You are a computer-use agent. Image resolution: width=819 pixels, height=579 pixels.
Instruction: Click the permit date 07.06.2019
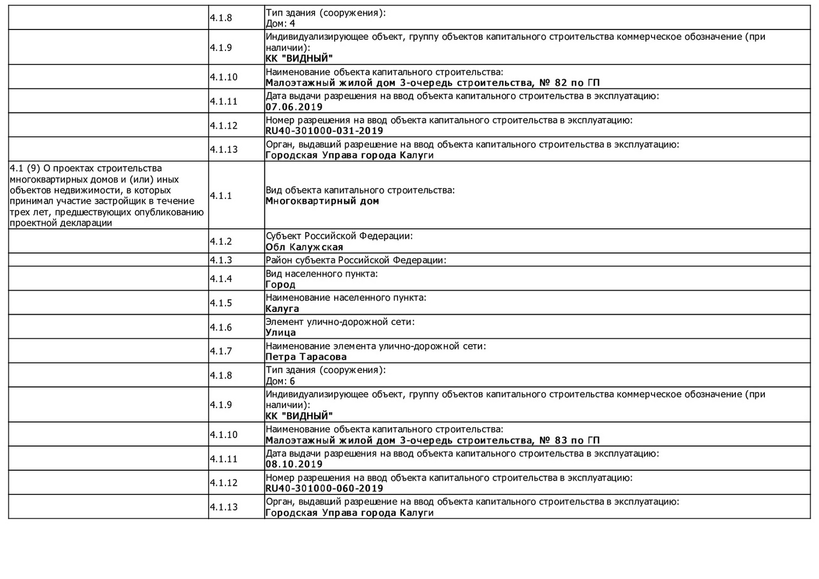(294, 107)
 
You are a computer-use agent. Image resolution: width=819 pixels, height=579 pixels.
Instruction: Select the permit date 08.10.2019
(294, 464)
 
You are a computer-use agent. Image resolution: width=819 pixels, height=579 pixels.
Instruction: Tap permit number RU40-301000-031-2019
(324, 131)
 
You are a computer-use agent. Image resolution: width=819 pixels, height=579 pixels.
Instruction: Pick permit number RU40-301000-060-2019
(324, 488)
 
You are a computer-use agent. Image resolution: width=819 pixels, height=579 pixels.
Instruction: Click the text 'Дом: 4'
(280, 23)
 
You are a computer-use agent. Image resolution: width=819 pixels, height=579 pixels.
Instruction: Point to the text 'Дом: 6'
(280, 381)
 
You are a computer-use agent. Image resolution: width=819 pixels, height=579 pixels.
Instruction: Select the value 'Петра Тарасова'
(306, 357)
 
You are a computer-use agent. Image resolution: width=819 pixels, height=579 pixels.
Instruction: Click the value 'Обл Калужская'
(304, 247)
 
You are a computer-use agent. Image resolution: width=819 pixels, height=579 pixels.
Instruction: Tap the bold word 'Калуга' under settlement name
(282, 309)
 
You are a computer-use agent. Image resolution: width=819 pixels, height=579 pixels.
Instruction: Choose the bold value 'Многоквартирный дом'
(322, 201)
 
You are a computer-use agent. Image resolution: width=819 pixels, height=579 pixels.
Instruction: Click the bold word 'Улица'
(281, 333)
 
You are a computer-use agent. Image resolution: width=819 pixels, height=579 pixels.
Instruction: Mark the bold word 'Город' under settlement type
(280, 285)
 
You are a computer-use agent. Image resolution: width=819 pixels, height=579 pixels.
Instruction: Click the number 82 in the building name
(561, 83)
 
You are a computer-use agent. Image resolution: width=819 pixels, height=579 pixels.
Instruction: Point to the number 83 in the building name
(561, 440)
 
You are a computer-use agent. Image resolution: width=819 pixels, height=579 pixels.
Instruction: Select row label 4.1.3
(221, 260)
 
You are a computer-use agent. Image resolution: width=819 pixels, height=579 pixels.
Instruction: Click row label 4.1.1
(221, 196)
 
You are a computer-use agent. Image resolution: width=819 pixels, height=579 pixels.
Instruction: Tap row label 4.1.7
(221, 351)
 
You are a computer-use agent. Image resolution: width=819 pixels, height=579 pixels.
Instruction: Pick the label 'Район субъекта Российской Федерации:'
(355, 260)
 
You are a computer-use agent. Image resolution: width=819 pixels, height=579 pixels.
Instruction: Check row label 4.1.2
(221, 241)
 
